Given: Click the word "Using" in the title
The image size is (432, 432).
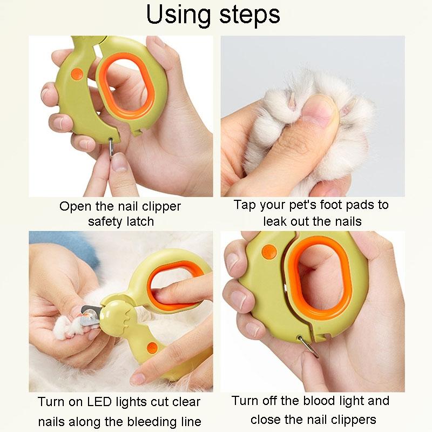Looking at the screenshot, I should [x=178, y=15].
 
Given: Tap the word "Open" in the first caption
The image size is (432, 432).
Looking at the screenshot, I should [x=72, y=207].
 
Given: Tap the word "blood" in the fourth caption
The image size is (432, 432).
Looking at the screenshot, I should [x=331, y=401].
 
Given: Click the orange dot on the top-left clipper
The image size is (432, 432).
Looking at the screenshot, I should [x=76, y=72].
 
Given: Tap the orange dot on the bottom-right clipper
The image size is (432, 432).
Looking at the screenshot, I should [x=267, y=251].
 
